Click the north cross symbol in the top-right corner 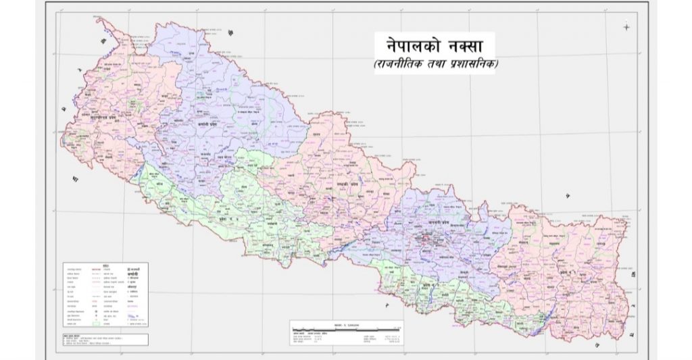[x=626, y=27]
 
